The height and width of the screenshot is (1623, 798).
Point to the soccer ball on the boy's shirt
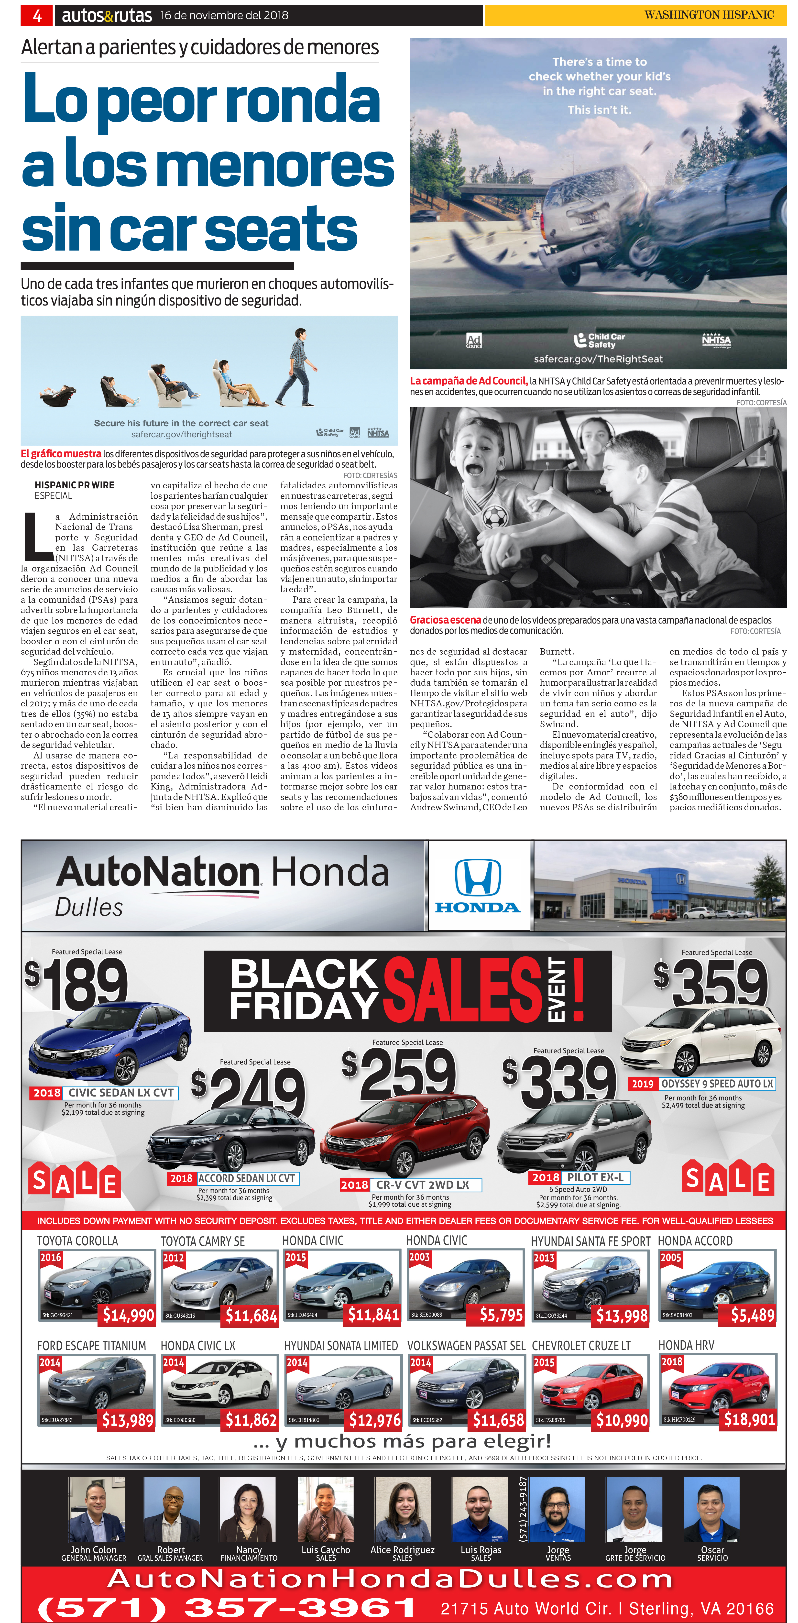(494, 518)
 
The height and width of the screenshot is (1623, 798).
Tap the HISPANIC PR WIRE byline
(74, 485)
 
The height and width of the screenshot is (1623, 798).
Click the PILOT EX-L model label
(595, 1177)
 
